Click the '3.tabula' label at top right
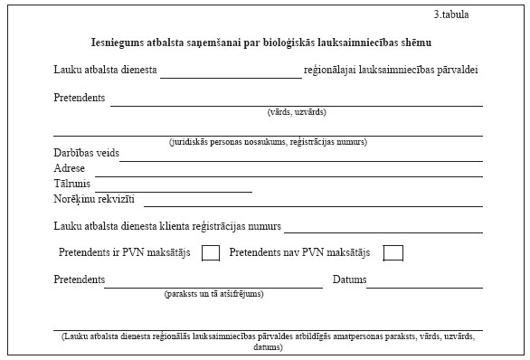point(452,14)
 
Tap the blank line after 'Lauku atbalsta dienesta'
point(231,73)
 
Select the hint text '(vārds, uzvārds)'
point(297,112)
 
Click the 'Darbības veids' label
point(86,153)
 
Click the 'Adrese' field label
point(70,168)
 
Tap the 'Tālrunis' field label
point(72,184)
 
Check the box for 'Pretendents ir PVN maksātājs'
point(211,252)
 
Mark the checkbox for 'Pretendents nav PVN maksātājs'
point(393,252)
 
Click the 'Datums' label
point(349,279)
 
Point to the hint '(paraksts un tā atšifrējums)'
point(213,294)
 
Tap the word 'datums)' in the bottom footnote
point(268,346)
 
